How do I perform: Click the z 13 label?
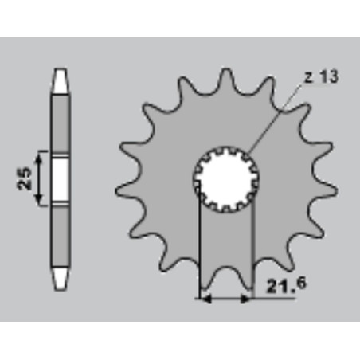[322, 77]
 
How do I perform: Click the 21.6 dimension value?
[286, 284]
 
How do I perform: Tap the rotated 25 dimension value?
[25, 178]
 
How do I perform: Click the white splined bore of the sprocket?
[226, 179]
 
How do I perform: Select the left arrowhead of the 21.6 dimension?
[205, 299]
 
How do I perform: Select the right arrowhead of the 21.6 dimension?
[245, 299]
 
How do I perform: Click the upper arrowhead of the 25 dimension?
[39, 159]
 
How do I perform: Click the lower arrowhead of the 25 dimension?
[39, 198]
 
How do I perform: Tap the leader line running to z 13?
[276, 117]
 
